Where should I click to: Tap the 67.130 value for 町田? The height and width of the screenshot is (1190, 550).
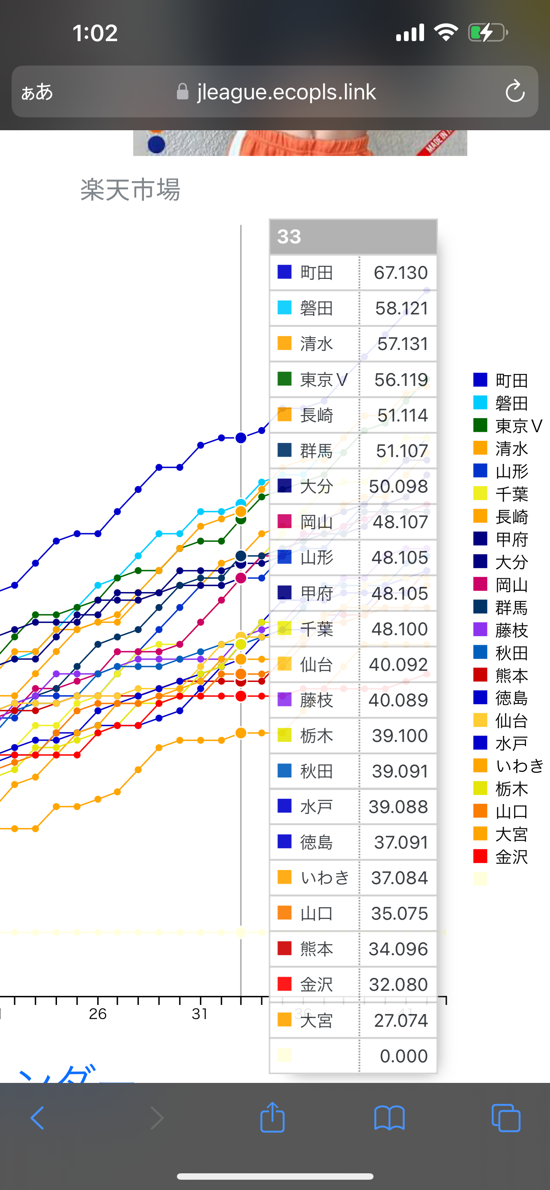(x=400, y=272)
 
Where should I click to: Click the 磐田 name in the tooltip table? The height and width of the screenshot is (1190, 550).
(x=316, y=308)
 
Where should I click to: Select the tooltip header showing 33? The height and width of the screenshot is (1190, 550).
(x=353, y=236)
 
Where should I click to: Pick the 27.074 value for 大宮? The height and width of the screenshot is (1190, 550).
(x=401, y=1020)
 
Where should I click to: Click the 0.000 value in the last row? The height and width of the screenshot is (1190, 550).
(x=403, y=1055)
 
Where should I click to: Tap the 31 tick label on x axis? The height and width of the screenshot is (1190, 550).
(x=200, y=1014)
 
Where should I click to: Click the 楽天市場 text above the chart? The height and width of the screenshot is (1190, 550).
(x=130, y=189)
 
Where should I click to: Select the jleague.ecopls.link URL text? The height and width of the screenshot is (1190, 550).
(x=286, y=92)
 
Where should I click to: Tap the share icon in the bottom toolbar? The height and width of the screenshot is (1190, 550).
(x=272, y=1118)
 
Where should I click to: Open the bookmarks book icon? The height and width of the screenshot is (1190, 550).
(x=389, y=1118)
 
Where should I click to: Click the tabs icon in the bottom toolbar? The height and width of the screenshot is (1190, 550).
(x=506, y=1118)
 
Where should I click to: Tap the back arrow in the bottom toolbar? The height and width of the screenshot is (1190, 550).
(x=37, y=1118)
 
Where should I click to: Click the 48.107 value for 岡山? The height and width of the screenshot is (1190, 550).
(x=400, y=522)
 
